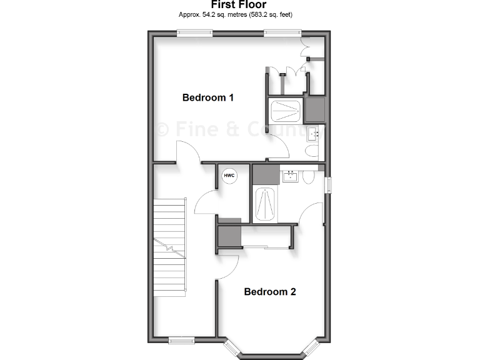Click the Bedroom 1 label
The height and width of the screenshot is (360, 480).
(x=207, y=97)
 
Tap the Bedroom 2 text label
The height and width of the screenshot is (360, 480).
(x=269, y=291)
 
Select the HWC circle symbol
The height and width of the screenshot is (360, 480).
(x=229, y=176)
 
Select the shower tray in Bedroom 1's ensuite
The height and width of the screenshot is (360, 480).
(x=286, y=111)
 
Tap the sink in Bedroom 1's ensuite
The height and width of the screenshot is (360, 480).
(x=313, y=133)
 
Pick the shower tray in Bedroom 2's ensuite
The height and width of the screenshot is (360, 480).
(x=264, y=204)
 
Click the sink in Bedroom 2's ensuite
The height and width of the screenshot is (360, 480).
(x=290, y=176)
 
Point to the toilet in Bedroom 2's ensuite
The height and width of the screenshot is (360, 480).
(x=308, y=177)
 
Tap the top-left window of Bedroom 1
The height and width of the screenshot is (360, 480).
(x=194, y=34)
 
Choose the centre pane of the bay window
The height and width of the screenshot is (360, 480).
(x=272, y=356)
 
